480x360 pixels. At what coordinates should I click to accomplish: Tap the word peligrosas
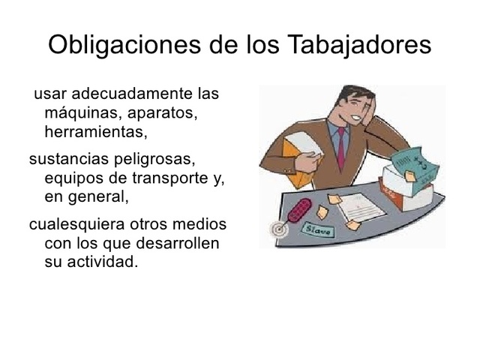tap(156, 160)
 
